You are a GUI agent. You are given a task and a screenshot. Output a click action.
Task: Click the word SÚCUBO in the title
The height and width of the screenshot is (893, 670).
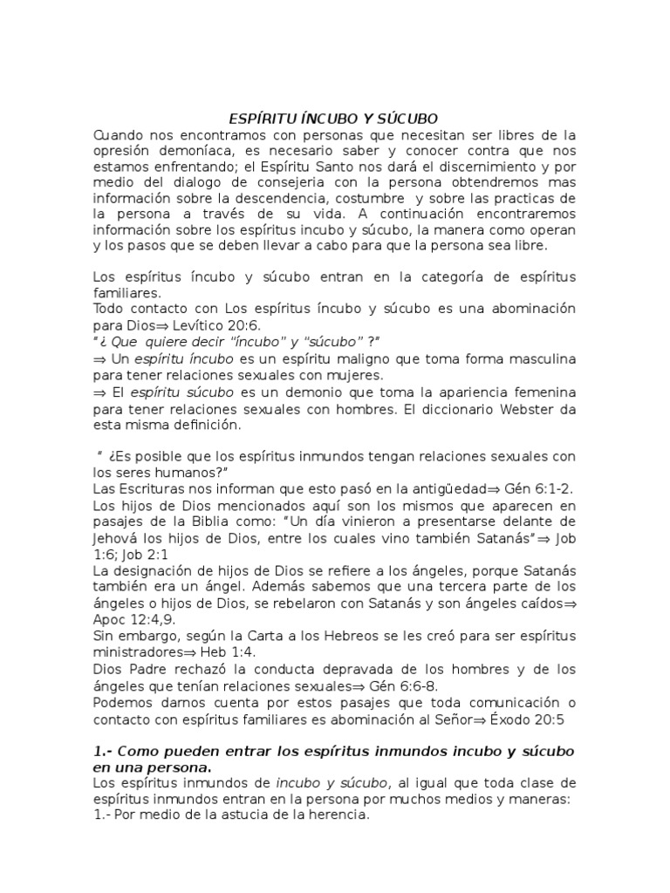pyautogui.click(x=405, y=118)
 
